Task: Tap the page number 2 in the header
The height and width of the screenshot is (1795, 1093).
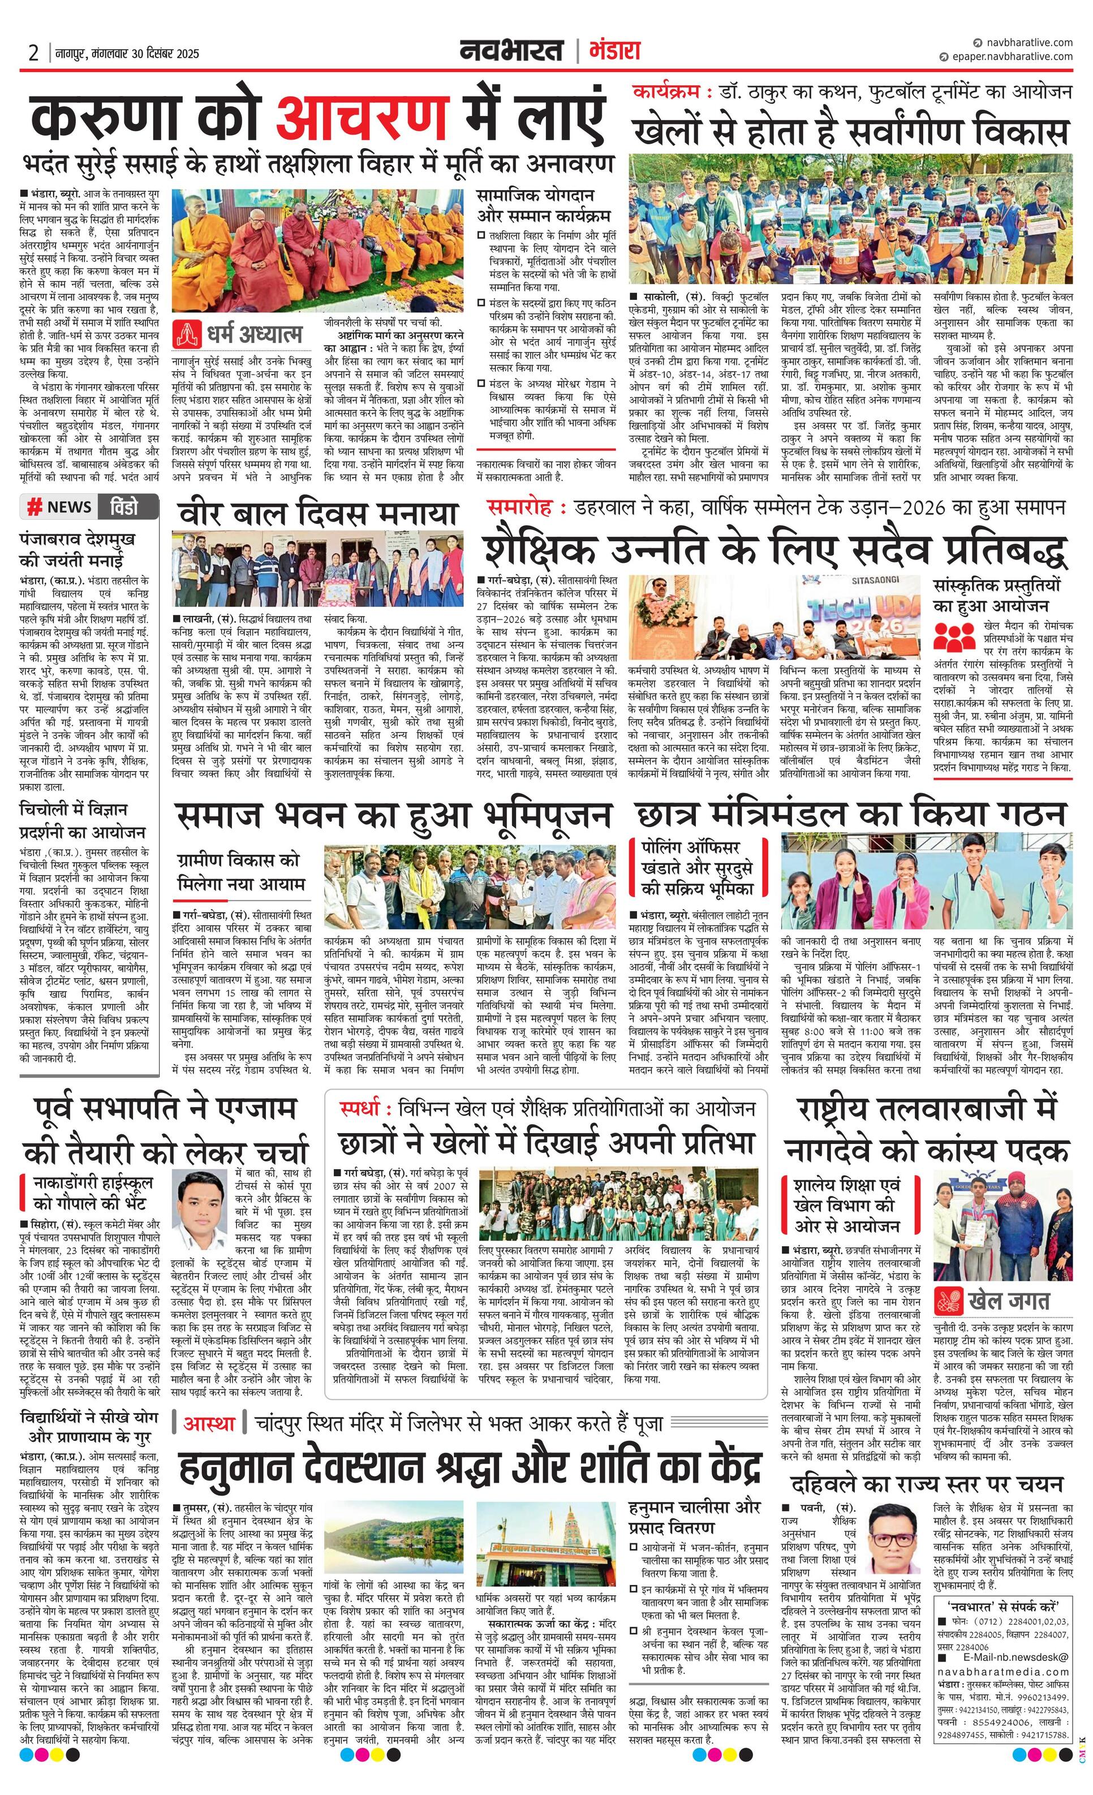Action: pos(33,53)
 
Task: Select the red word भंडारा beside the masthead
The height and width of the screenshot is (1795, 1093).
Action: pos(613,51)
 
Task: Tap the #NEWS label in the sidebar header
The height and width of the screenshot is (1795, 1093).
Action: pos(60,507)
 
